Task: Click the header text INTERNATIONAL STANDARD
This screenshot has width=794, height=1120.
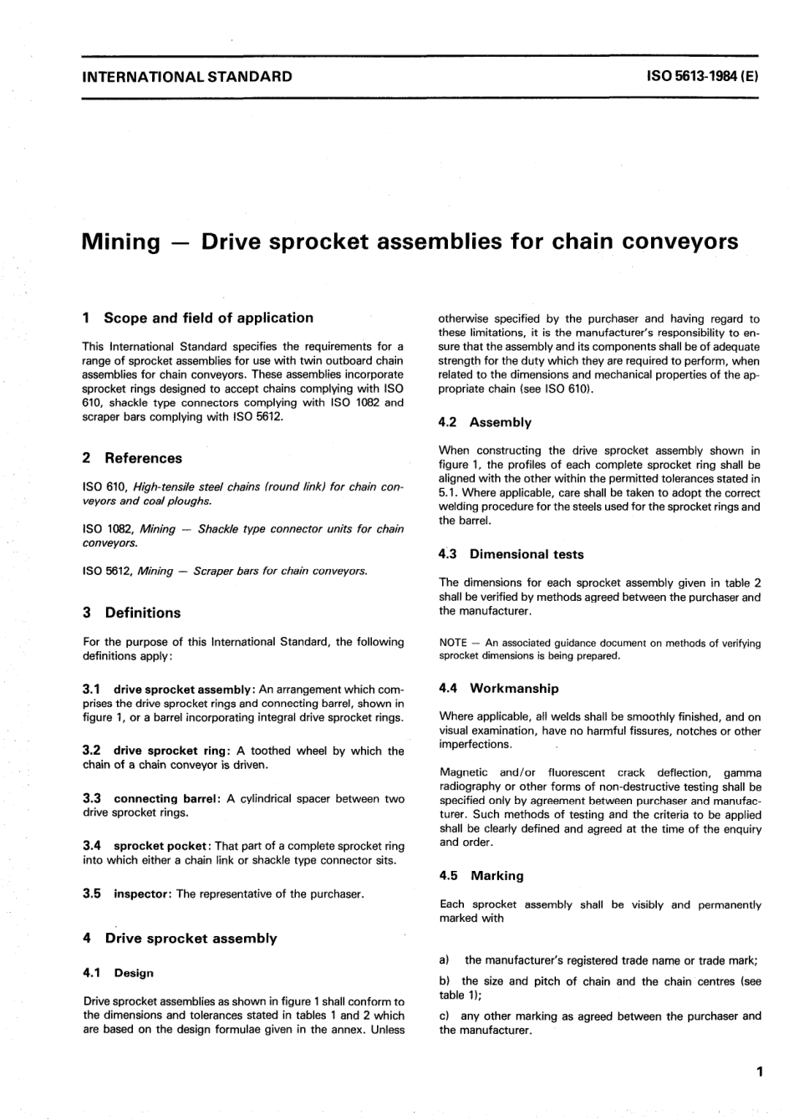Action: (187, 77)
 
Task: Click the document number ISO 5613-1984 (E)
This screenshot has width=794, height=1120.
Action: (702, 77)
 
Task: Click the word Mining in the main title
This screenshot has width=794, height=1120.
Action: (121, 242)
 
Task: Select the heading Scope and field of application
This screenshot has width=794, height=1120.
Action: (208, 318)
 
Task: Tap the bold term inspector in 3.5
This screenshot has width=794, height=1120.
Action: (142, 893)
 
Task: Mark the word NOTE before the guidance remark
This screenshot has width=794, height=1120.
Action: (452, 643)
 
